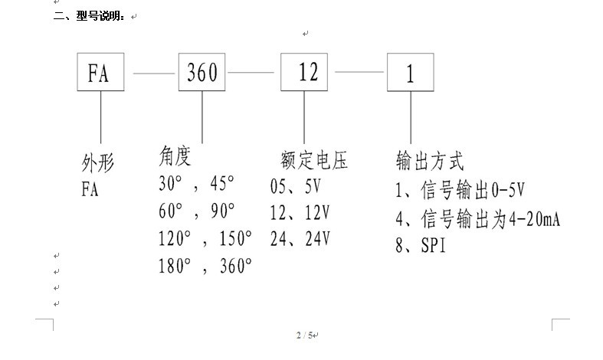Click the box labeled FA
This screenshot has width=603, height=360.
pos(100,74)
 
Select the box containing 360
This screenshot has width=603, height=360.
pos(202,74)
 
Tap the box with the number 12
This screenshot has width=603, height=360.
pos(307,74)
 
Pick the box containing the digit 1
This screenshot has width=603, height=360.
pos(410,74)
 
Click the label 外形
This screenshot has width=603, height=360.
pos(97,163)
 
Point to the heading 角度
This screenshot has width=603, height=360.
pos(174,157)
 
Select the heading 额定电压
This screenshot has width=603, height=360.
pos(313,162)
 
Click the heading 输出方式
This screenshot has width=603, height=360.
pos(430,162)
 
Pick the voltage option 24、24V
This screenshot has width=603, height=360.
pos(300,237)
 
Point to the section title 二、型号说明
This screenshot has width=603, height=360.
pos(89,16)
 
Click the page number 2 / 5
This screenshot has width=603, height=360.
pos(304,335)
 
